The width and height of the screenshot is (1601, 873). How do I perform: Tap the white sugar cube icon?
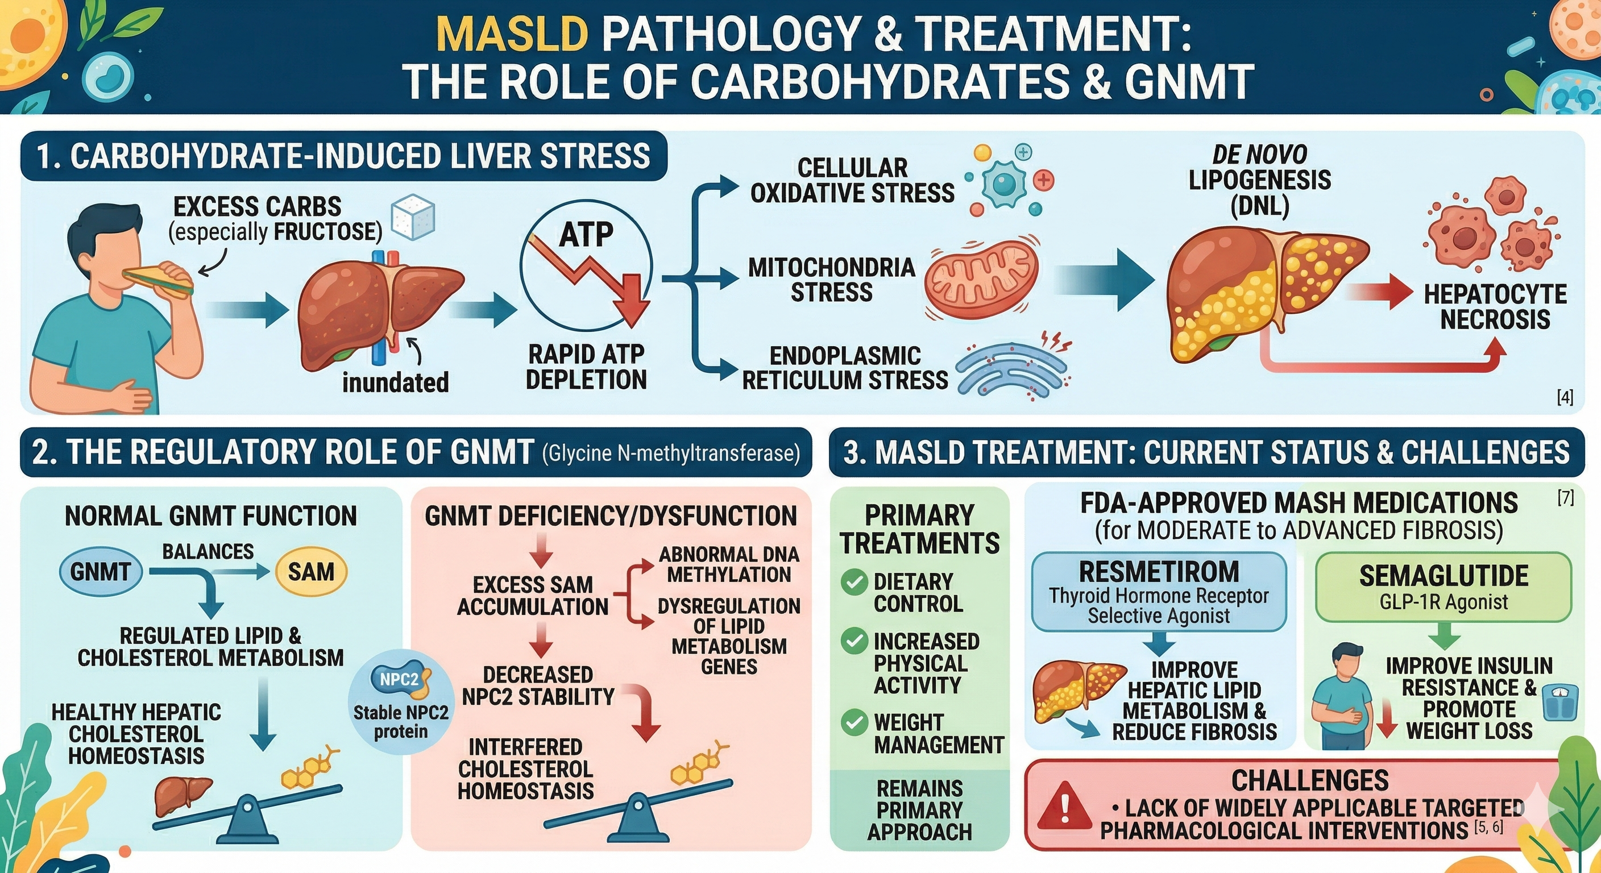tap(412, 219)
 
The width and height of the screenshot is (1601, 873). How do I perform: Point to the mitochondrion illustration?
tap(981, 281)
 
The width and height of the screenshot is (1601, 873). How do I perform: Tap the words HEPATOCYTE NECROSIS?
tap(1495, 306)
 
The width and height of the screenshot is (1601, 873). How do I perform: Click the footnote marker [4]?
tap(1565, 397)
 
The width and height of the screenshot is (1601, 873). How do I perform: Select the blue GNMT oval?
tap(101, 572)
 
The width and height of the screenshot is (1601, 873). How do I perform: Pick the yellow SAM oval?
tap(311, 572)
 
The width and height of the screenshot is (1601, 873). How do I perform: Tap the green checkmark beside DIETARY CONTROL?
tap(854, 582)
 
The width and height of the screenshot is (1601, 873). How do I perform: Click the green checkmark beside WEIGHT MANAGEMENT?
tap(854, 722)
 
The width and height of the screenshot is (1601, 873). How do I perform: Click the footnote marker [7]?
tap(1566, 497)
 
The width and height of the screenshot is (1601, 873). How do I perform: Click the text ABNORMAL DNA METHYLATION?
tap(728, 564)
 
